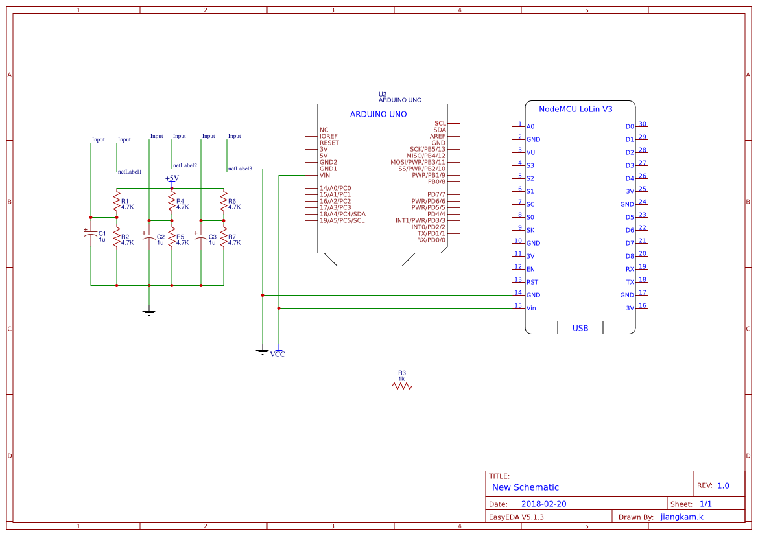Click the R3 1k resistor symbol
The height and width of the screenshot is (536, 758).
click(x=401, y=386)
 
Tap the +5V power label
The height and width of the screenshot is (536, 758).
click(x=171, y=178)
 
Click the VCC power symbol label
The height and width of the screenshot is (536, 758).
click(x=278, y=354)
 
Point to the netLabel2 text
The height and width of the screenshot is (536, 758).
click(x=185, y=165)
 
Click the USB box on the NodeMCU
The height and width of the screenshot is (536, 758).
click(x=580, y=328)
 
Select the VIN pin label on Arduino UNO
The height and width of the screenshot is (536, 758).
click(x=325, y=175)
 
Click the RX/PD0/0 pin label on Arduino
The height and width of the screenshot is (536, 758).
click(x=431, y=240)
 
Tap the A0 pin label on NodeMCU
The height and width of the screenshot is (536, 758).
click(x=530, y=126)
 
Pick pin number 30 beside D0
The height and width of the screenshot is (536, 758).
click(x=643, y=124)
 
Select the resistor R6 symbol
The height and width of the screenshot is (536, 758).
click(x=223, y=203)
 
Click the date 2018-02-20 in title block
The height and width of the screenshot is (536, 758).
click(x=543, y=504)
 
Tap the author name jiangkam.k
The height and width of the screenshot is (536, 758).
click(x=681, y=517)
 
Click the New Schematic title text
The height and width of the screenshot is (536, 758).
click(x=525, y=487)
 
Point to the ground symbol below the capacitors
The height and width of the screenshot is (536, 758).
click(x=149, y=313)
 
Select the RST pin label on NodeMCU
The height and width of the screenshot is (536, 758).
click(x=532, y=282)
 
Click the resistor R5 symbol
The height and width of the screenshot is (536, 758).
click(x=172, y=239)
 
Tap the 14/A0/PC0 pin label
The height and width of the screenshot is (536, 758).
click(x=335, y=188)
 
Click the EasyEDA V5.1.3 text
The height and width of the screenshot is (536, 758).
click(x=516, y=517)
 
